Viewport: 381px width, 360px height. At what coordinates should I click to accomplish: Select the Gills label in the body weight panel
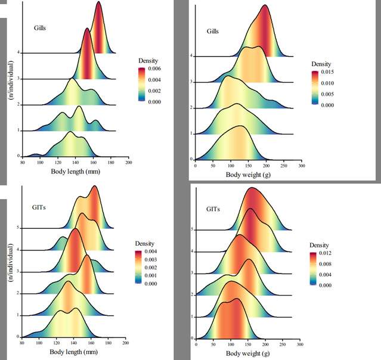[x=214, y=30]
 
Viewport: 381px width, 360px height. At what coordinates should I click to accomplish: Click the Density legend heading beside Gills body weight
[x=323, y=64]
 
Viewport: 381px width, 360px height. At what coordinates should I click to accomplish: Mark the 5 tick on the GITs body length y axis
[x=18, y=227]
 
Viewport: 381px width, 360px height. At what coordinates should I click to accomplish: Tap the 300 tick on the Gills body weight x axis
[x=302, y=167]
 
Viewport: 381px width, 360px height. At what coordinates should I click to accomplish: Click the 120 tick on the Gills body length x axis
[x=75, y=162]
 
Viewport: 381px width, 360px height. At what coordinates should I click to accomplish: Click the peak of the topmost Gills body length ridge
[x=98, y=2]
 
